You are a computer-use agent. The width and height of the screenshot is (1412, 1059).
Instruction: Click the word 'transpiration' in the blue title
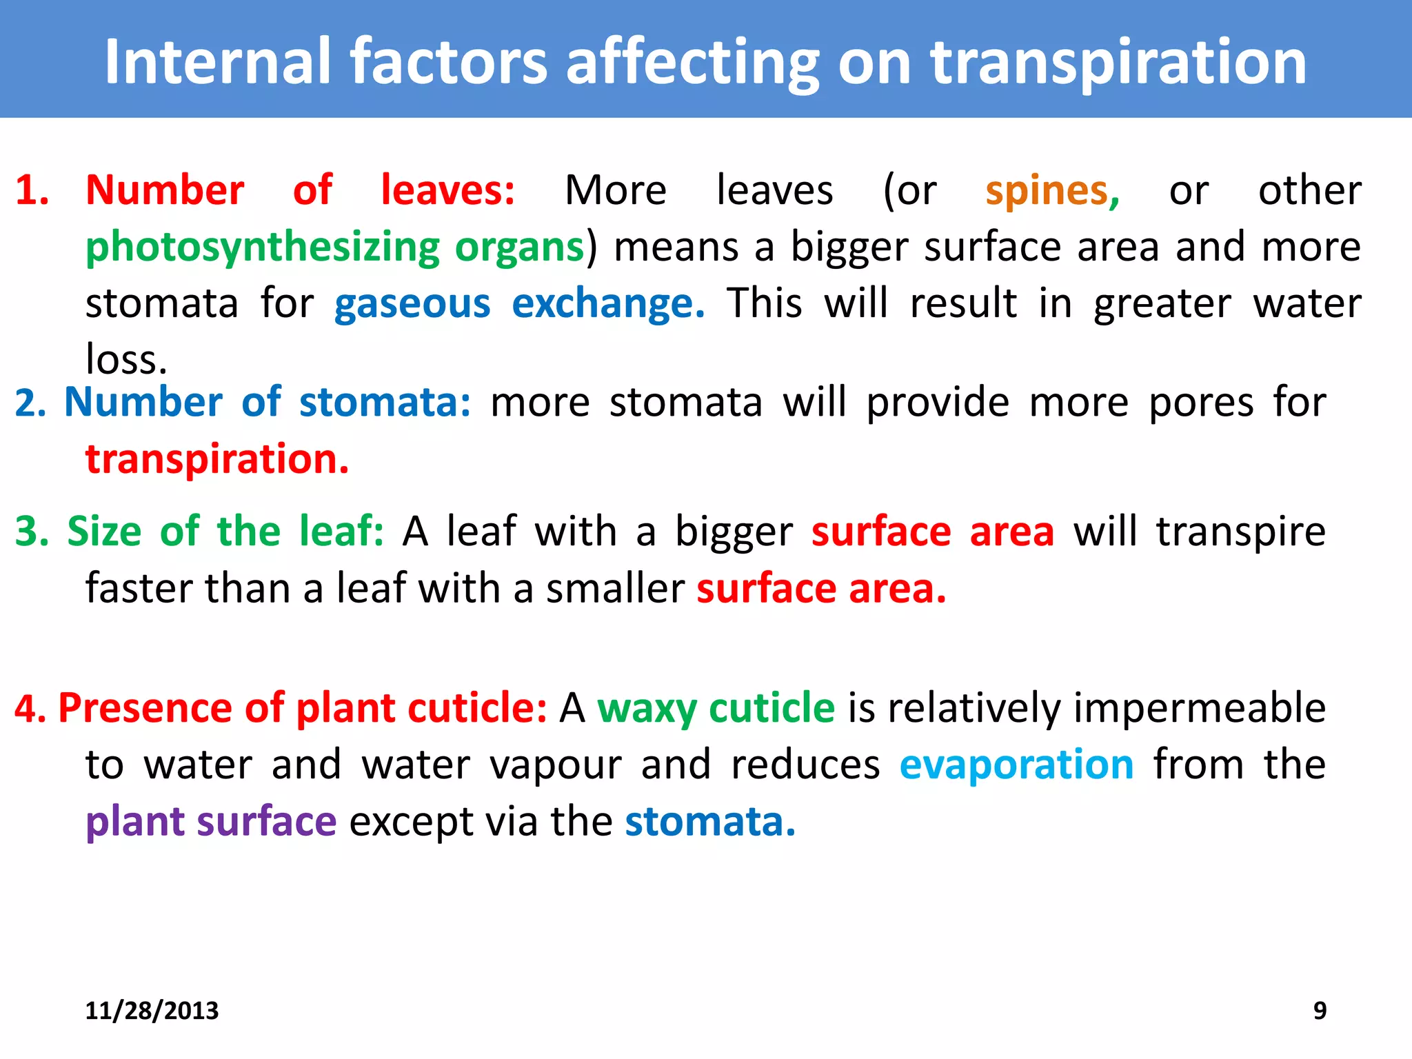(x=1118, y=63)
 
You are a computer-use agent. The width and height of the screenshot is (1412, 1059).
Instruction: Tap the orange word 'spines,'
(x=1052, y=191)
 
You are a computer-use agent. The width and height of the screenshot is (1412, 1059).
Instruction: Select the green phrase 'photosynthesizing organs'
(x=335, y=248)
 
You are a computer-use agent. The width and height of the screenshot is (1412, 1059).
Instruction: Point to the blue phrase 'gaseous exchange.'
(x=519, y=304)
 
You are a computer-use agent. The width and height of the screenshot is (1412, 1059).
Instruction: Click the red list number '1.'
(x=32, y=191)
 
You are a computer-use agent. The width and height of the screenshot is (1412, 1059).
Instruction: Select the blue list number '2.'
(x=30, y=403)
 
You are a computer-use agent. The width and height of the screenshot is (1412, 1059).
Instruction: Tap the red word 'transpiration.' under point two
(x=217, y=460)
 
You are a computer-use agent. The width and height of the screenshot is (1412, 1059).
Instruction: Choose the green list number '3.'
(x=32, y=532)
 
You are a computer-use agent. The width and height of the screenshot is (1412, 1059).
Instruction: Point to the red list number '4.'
(x=30, y=709)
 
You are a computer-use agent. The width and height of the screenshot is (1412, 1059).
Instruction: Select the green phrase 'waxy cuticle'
(x=716, y=709)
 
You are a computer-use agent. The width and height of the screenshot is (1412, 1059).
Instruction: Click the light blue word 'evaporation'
(x=1016, y=765)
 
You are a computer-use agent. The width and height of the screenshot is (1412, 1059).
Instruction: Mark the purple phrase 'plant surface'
(x=211, y=823)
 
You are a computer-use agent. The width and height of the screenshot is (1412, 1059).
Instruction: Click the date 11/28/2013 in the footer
(x=152, y=1011)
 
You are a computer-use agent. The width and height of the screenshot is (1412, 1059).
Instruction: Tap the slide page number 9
(x=1320, y=1011)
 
